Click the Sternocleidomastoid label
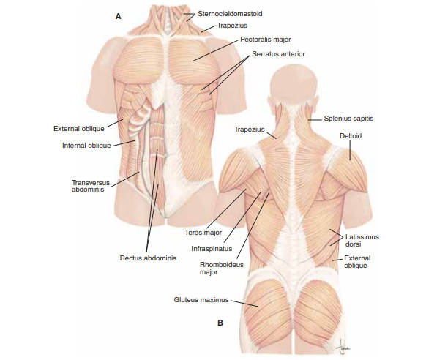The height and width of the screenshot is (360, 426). tap(230, 14)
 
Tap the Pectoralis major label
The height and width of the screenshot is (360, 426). tap(266, 40)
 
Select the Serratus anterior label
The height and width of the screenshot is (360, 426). tap(278, 53)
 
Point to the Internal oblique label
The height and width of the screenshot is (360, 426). tap(86, 146)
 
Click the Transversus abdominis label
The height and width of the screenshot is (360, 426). tap(91, 186)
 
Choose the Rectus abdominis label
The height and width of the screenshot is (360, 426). tap(148, 258)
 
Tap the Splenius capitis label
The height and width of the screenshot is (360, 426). tap(348, 119)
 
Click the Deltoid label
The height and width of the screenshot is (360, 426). tap(351, 136)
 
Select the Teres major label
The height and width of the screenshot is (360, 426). tap(203, 233)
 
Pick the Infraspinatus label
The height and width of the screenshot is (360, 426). tap(212, 249)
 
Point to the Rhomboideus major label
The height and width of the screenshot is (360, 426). tap(222, 269)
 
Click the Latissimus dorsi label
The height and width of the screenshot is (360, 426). tap(362, 241)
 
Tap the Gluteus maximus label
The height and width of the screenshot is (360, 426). tap(201, 300)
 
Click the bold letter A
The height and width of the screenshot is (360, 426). tap(118, 17)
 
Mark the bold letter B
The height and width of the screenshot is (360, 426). tap(220, 323)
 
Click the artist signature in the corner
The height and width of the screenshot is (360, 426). tap(343, 347)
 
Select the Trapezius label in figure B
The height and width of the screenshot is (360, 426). tap(250, 130)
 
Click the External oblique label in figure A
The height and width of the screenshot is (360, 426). tap(79, 129)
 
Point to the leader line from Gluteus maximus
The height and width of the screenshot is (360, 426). tap(244, 303)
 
